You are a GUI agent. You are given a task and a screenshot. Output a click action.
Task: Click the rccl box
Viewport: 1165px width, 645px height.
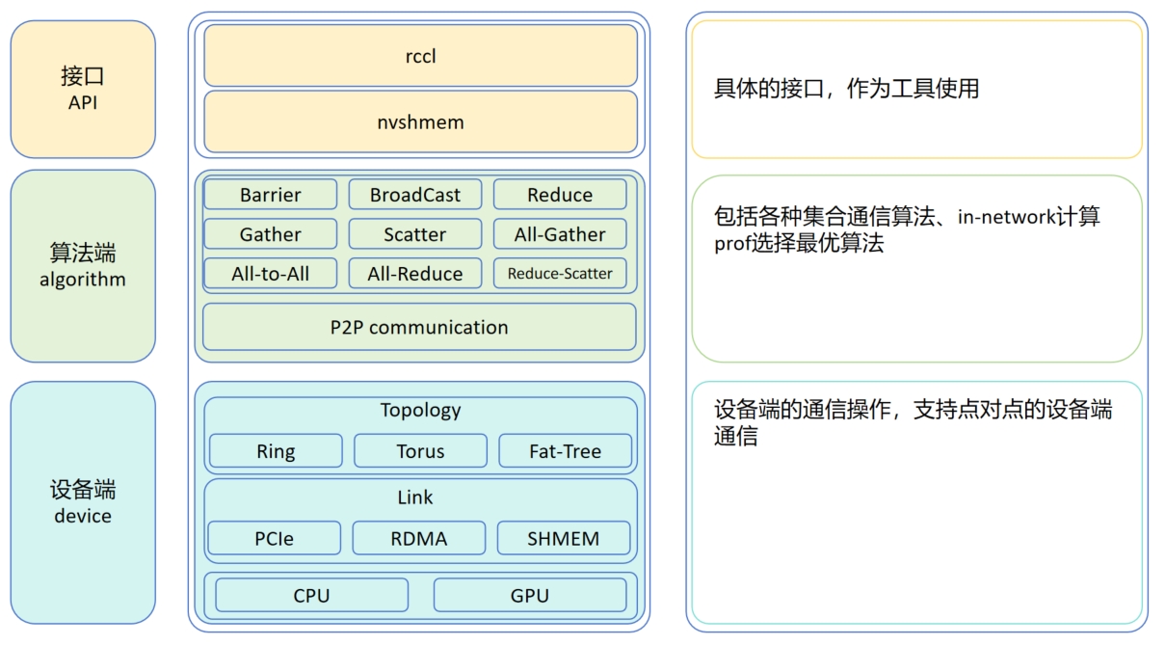[x=420, y=56]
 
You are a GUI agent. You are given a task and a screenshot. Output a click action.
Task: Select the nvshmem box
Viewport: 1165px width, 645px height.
[x=420, y=121]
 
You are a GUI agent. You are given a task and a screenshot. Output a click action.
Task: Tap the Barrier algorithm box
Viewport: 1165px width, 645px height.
[x=271, y=195]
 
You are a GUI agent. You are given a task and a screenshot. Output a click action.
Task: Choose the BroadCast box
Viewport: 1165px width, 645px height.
[x=415, y=195]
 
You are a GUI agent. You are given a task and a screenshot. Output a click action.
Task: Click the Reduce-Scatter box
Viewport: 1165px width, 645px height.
[x=560, y=274]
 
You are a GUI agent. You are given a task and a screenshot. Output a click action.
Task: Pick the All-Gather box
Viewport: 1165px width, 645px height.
[x=560, y=234]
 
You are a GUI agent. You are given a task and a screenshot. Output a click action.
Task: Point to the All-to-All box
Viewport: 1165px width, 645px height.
[x=271, y=274]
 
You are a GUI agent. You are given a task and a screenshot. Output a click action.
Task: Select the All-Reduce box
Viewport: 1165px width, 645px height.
[x=415, y=274]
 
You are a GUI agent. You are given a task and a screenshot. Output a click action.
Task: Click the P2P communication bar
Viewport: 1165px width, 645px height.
[x=419, y=327]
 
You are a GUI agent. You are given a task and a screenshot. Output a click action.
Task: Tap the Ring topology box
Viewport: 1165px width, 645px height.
[x=276, y=451]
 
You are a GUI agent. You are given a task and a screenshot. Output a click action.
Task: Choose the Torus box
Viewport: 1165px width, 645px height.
[x=420, y=451]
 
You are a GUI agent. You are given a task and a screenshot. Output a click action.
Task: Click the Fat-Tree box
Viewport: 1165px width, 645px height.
[x=565, y=451]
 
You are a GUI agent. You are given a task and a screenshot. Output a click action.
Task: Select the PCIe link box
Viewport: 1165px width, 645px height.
[x=275, y=538]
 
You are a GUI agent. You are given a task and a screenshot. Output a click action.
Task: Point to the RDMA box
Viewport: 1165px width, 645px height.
[x=419, y=538]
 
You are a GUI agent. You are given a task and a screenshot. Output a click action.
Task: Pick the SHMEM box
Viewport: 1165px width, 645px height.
[x=564, y=538]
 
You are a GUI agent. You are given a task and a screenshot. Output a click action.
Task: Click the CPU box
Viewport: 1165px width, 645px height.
[x=311, y=595]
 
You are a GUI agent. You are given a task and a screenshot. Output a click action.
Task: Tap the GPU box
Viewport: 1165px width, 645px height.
[x=530, y=595]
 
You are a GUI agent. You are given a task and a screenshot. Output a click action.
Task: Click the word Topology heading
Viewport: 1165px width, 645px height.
[x=420, y=410]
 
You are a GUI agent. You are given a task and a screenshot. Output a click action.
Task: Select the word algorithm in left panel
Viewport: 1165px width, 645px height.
[x=83, y=280]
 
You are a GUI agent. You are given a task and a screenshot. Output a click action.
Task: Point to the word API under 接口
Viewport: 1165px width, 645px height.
[x=83, y=101]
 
